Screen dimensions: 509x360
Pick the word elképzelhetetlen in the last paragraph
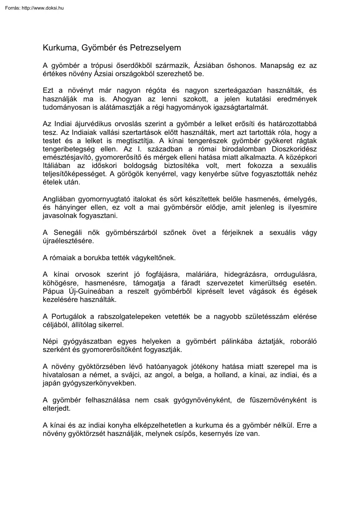point(183,425)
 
